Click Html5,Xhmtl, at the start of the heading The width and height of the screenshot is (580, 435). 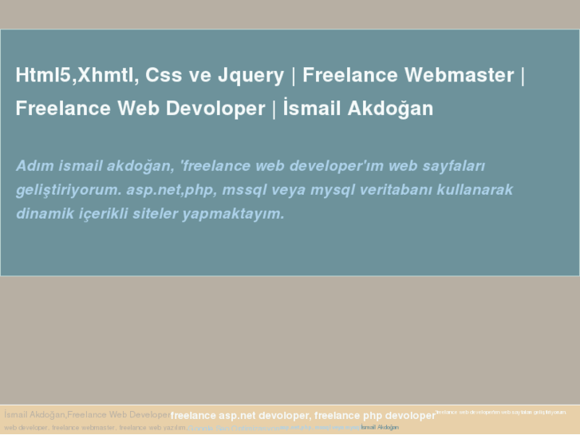click(75, 76)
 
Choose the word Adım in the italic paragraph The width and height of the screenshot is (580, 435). click(34, 166)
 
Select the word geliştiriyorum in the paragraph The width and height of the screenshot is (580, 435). click(67, 190)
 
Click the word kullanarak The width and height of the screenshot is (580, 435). click(477, 190)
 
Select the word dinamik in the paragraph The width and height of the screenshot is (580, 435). click(42, 214)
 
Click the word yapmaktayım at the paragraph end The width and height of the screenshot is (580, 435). click(234, 214)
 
